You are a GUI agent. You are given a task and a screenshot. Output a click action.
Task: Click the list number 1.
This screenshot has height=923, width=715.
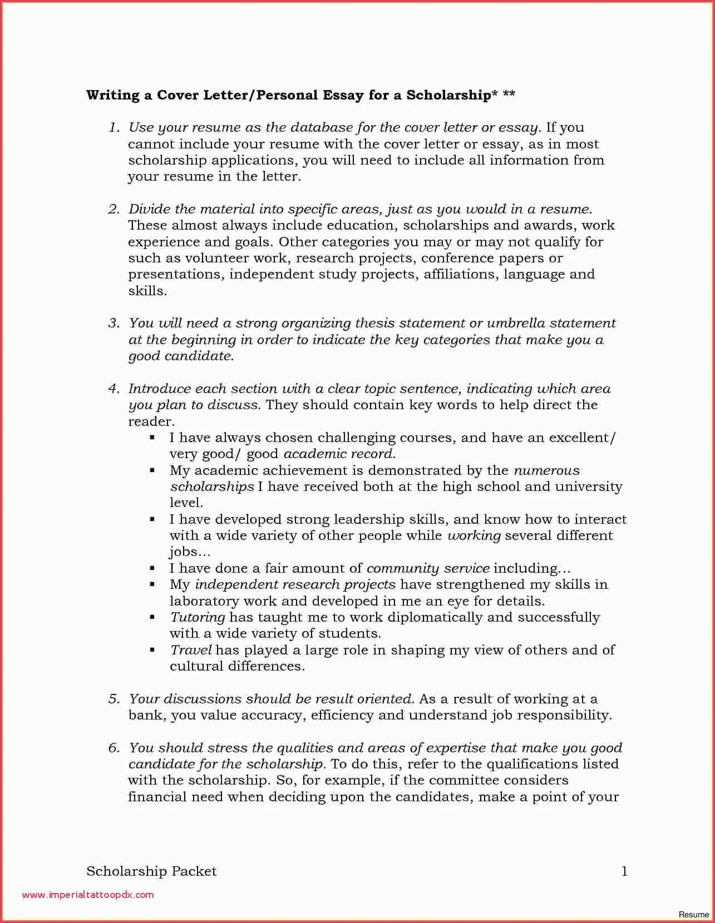coord(114,128)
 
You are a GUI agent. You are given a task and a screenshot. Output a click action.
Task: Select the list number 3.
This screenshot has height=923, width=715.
coord(114,324)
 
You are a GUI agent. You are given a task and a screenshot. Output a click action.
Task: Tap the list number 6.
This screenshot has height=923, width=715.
coord(114,748)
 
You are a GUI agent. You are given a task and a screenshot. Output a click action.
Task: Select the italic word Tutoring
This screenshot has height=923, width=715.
coord(198,618)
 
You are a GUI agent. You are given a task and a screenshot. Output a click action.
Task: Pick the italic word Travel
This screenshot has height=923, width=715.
coord(191,651)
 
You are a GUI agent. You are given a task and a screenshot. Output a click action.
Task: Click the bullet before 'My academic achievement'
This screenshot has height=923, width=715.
coord(152,471)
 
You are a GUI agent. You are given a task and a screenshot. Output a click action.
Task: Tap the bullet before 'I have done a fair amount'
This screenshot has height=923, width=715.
coord(152,569)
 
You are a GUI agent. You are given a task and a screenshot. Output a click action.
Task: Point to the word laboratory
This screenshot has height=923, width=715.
coord(204,602)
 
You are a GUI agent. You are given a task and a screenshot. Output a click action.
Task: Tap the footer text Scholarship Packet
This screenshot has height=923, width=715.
coord(151,871)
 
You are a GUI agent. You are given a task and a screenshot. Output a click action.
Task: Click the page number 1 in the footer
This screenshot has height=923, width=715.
coord(624,871)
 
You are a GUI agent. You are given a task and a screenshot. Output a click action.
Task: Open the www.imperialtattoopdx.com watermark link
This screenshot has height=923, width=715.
coord(88,895)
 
